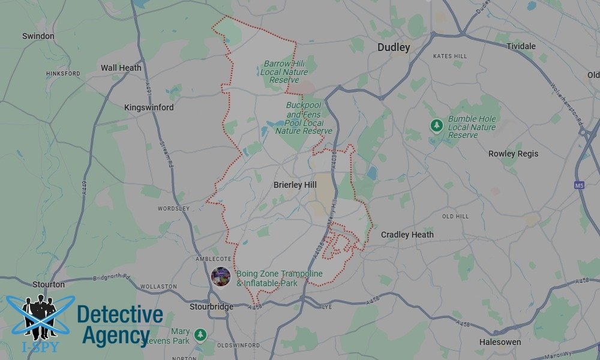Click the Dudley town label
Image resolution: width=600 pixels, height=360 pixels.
click(394, 47)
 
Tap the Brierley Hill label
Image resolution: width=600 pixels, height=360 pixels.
click(295, 185)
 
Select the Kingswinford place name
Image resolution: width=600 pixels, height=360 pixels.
click(149, 107)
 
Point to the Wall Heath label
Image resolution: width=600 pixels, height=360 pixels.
click(121, 68)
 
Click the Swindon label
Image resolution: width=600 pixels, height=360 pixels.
click(38, 36)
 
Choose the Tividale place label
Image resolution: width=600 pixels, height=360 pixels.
click(521, 46)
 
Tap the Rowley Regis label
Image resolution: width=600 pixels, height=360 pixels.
click(513, 154)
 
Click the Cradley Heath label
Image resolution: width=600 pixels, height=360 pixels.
click(407, 235)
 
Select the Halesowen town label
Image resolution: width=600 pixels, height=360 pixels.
click(499, 342)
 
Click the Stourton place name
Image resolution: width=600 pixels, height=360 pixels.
click(49, 284)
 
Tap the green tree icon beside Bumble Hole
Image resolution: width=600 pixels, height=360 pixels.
click(436, 125)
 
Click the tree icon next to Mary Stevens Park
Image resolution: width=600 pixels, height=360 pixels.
click(200, 334)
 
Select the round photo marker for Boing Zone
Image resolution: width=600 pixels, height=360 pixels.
click(221, 277)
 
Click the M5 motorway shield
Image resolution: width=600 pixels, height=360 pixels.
click(579, 185)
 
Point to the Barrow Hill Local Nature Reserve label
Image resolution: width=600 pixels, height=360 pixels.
click(284, 71)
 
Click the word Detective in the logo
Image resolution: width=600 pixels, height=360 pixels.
click(120, 314)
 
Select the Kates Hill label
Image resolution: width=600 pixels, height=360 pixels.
click(449, 56)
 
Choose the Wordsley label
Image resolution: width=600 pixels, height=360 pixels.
click(173, 209)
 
